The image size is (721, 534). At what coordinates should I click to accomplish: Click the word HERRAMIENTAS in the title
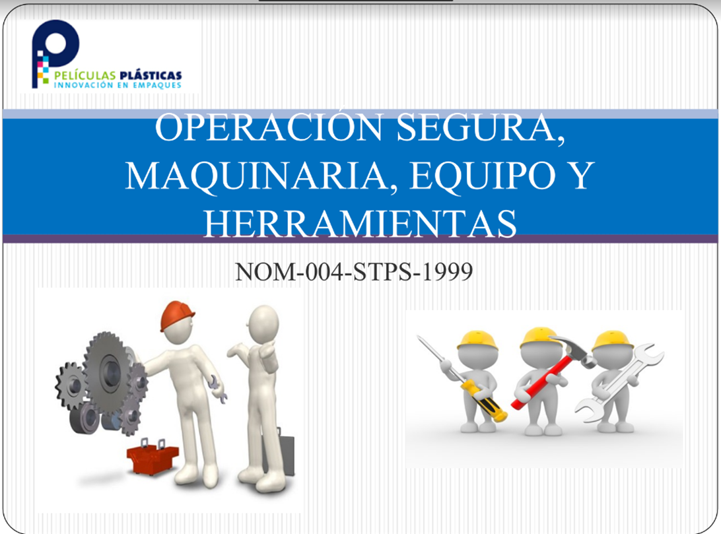click(x=360, y=222)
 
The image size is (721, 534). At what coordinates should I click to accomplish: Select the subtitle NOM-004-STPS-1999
click(x=354, y=271)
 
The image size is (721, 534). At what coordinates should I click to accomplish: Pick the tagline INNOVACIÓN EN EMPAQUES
click(x=117, y=86)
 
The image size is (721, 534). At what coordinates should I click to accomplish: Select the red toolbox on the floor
click(x=153, y=456)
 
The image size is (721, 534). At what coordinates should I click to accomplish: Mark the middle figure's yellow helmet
click(x=539, y=337)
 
